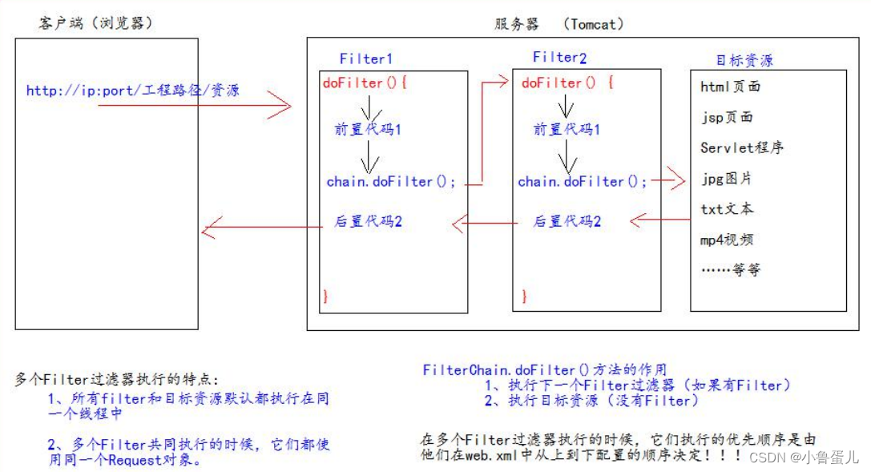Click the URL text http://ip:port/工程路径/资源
pyautogui.click(x=132, y=91)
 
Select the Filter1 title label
pyautogui.click(x=366, y=59)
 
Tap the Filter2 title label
pyautogui.click(x=559, y=58)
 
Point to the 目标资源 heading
pyautogui.click(x=744, y=61)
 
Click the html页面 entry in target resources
pyautogui.click(x=730, y=87)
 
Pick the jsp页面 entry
pyautogui.click(x=726, y=117)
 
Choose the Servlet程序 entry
pyautogui.click(x=741, y=147)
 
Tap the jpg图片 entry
pyautogui.click(x=726, y=178)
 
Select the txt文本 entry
pyautogui.click(x=726, y=208)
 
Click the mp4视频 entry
pyautogui.click(x=726, y=239)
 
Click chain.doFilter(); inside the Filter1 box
pyautogui.click(x=391, y=182)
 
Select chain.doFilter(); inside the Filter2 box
pyautogui.click(x=583, y=182)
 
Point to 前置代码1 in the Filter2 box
pyautogui.click(x=567, y=130)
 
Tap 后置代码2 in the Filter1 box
pyautogui.click(x=368, y=221)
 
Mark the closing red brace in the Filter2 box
pyautogui.click(x=524, y=297)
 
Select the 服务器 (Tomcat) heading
pyautogui.click(x=559, y=24)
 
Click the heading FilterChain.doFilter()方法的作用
pyautogui.click(x=545, y=370)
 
